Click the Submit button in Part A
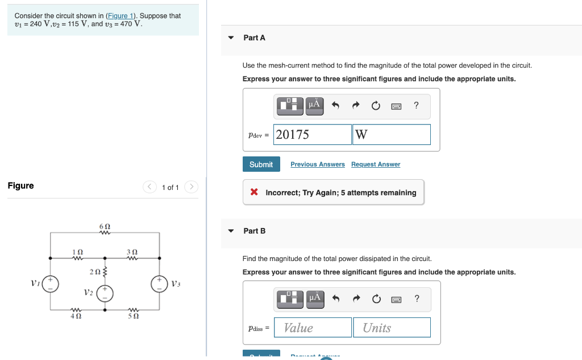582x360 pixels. [261, 164]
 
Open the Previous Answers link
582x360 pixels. [317, 164]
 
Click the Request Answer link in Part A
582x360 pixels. [375, 164]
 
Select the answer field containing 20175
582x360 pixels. [312, 135]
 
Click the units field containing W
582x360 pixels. [391, 135]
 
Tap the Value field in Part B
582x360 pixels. [312, 328]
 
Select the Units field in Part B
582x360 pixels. [391, 328]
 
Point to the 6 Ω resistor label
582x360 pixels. [105, 226]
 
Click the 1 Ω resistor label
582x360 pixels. [78, 251]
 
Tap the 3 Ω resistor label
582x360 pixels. [132, 251]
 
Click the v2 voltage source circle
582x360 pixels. [105, 293]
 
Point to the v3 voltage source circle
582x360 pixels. [159, 284]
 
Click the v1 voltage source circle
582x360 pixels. [51, 284]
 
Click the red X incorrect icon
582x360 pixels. [255, 192]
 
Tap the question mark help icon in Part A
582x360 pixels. [417, 105]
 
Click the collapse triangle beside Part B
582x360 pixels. [231, 231]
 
